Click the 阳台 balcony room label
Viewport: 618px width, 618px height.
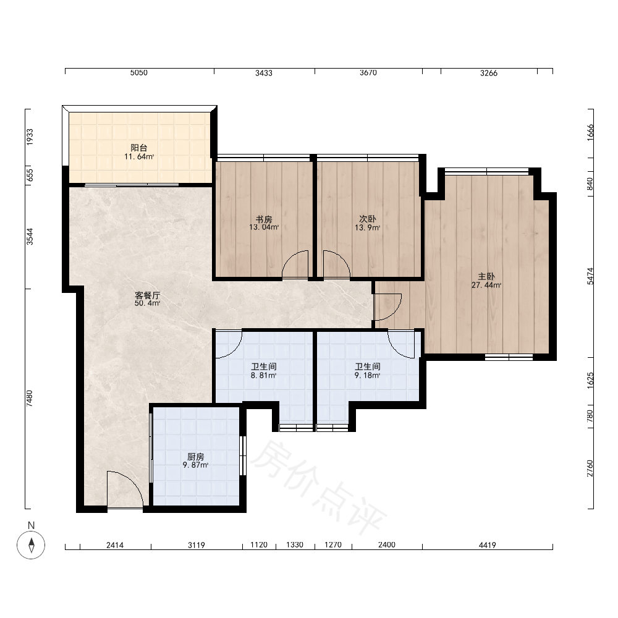pos(138,148)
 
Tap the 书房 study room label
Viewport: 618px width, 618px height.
pos(264,219)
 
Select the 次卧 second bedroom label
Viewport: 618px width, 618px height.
pos(367,219)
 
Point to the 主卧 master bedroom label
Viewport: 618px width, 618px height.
pos(486,277)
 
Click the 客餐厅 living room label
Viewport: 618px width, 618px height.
pos(148,295)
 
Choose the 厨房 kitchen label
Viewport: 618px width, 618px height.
pos(195,457)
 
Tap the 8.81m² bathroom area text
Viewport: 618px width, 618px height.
pos(264,376)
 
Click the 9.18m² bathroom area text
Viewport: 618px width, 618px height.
pos(367,376)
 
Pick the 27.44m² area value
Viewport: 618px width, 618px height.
pos(486,286)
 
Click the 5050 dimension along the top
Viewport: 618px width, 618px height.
pos(138,72)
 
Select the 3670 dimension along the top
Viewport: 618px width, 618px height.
pos(368,72)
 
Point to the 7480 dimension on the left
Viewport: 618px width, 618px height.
pos(30,399)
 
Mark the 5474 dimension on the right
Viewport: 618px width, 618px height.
pos(590,276)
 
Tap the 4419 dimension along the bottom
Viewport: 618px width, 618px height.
pos(488,545)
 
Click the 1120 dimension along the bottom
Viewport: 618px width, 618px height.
pos(259,544)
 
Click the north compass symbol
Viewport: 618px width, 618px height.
pos(31,544)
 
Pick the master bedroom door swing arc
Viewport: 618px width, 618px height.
pos(388,307)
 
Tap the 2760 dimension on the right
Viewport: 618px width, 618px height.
pos(590,468)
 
